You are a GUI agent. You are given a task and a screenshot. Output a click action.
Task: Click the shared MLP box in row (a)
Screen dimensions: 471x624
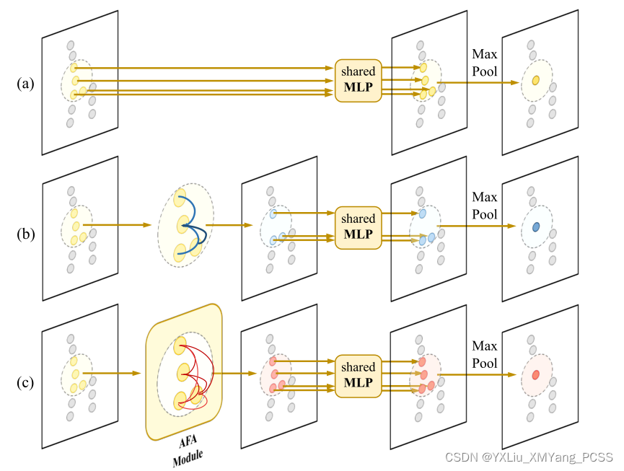pyautogui.click(x=359, y=80)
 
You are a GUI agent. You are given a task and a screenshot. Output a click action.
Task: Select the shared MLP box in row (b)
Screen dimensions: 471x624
pyautogui.click(x=359, y=226)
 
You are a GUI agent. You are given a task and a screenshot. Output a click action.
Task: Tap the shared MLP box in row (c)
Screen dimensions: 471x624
pyautogui.click(x=359, y=375)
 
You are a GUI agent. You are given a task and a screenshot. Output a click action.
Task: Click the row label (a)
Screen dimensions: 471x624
pyautogui.click(x=25, y=84)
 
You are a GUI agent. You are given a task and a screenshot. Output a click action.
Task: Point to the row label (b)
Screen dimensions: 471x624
pyautogui.click(x=25, y=234)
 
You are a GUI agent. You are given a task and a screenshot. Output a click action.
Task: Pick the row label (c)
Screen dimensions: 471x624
pyautogui.click(x=25, y=382)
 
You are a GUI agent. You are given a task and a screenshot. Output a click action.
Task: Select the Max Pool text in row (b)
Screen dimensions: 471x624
pyautogui.click(x=485, y=206)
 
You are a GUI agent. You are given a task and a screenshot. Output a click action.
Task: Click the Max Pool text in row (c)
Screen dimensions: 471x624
pyautogui.click(x=485, y=354)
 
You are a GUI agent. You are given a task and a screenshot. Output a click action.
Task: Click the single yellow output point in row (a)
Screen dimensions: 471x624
pyautogui.click(x=535, y=81)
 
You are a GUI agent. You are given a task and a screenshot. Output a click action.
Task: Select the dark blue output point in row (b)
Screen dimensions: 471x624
pyautogui.click(x=536, y=226)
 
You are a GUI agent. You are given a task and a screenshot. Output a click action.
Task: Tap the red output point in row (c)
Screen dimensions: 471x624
pyautogui.click(x=535, y=375)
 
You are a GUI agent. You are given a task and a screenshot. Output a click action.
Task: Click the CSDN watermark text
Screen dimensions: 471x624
pyautogui.click(x=528, y=457)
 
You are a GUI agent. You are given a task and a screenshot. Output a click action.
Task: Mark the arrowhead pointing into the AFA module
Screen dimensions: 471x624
pyautogui.click(x=136, y=374)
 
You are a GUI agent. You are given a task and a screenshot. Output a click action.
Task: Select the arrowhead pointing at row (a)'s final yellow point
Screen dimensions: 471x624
pyautogui.click(x=517, y=82)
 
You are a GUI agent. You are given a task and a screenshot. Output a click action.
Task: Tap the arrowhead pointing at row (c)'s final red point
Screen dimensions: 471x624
pyautogui.click(x=517, y=375)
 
